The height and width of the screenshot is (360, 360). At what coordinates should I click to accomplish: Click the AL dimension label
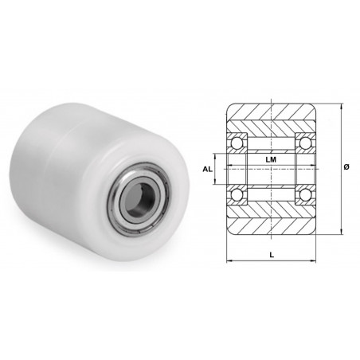tap(207, 169)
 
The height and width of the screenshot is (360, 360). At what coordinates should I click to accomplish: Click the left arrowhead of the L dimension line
tap(229, 261)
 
